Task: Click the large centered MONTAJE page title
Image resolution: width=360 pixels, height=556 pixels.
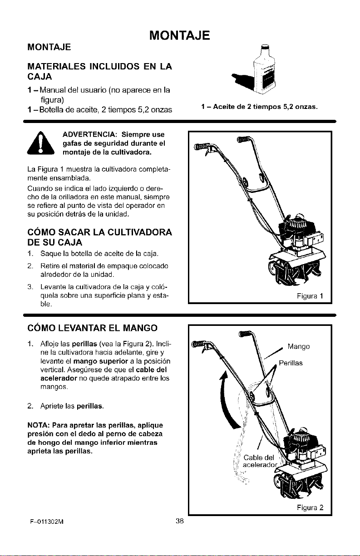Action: (180, 35)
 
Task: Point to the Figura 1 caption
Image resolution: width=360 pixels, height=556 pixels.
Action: (310, 296)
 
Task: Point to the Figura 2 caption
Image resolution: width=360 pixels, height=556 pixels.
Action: (310, 507)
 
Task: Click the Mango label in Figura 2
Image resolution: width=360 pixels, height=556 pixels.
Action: (299, 346)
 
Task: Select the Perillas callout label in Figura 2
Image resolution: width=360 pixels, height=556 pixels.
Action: (291, 363)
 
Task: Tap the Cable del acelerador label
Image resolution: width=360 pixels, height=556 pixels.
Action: (260, 461)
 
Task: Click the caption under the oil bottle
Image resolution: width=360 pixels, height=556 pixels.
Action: (260, 107)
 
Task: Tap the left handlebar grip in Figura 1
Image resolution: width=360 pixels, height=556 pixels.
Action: (200, 147)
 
